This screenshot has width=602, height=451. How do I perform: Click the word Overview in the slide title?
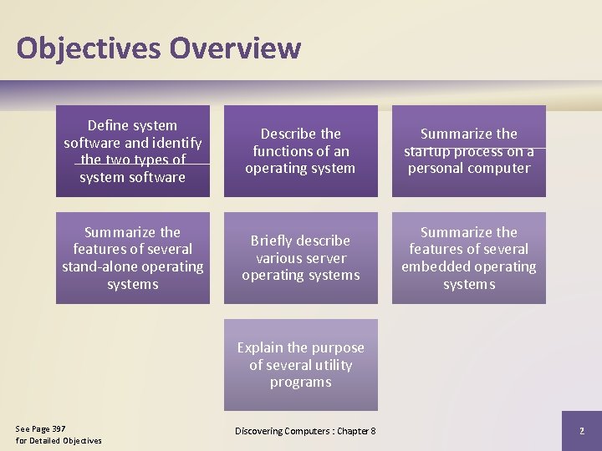235,48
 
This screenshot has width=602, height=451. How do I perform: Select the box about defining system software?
133,151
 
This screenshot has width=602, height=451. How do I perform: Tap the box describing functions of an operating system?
300,151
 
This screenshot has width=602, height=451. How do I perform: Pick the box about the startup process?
468,151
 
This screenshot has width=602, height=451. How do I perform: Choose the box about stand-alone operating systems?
133,257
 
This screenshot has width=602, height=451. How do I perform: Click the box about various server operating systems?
300,257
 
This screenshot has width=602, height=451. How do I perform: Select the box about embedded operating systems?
468,257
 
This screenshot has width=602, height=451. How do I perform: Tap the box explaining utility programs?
300,365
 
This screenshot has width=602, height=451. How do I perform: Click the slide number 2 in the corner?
581,431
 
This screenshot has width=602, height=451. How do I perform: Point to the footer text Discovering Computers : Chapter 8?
305,431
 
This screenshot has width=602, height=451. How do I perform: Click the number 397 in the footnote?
59,429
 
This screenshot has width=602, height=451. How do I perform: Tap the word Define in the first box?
109,125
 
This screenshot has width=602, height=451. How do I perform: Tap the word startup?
428,151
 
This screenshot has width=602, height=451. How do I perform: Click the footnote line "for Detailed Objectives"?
59,441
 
